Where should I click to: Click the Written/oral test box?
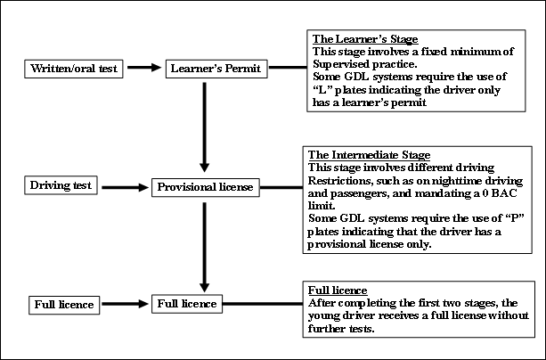coord(73,69)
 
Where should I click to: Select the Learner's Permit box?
coord(216,69)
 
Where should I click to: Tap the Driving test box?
coord(61,185)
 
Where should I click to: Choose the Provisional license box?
coord(206,187)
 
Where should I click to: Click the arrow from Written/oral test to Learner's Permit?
coord(144,67)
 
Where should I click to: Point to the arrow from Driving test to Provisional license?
coord(126,187)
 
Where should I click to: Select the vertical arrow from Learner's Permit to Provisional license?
coord(204,127)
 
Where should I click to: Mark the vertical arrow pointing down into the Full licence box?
coord(204,248)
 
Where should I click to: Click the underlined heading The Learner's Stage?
coord(365,39)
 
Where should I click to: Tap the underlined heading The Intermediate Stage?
coord(369,155)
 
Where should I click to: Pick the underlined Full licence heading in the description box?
coord(338,290)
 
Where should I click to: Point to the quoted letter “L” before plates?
coord(321,90)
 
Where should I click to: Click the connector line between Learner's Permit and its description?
coord(288,67)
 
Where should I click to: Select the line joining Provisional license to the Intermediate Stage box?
coord(281,187)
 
